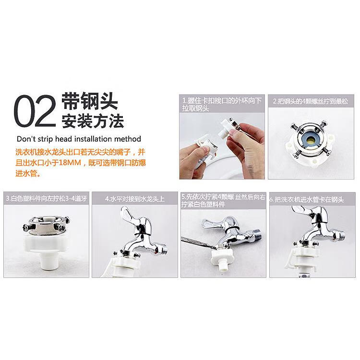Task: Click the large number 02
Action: tap(35, 111)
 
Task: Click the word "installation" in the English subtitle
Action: tap(89, 140)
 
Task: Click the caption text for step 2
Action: tap(313, 101)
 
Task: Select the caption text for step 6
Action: tap(313, 198)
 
